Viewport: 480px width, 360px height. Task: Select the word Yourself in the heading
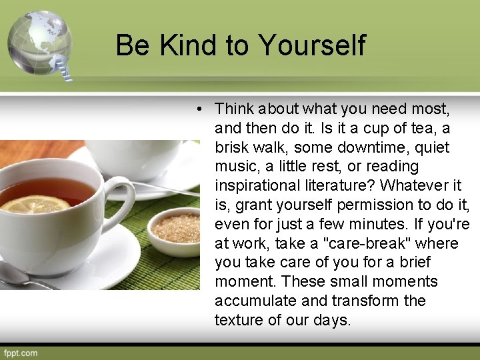[311, 45]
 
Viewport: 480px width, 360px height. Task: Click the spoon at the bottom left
[20, 275]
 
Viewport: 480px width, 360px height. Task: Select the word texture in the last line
[239, 320]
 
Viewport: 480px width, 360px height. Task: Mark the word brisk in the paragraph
[233, 147]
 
